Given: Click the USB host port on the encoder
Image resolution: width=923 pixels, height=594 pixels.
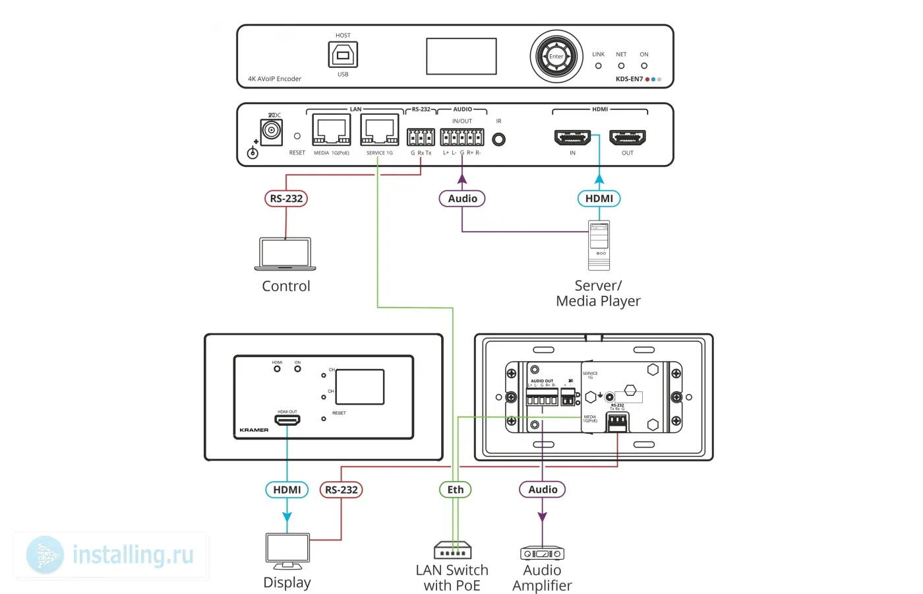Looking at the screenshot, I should pos(343,55).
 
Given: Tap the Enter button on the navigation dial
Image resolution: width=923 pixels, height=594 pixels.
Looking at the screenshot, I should pos(556,57).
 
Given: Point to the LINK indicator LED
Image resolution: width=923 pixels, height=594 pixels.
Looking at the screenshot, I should pos(599,66).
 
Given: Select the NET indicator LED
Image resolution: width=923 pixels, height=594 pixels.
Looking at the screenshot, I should pos(621,66).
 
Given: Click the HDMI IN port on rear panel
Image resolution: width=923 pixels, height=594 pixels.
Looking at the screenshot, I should pos(572,138).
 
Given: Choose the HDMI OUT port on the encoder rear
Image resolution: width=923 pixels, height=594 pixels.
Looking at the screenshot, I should pos(628,138).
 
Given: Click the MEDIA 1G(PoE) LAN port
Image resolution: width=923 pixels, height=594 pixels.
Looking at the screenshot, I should pos(331,130).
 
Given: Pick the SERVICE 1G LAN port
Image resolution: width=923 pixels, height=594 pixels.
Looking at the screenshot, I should pos(380,130).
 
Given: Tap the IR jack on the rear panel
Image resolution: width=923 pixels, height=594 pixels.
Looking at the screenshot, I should pos(499,139).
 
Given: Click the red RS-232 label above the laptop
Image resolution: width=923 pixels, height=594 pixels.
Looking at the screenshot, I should pos(286,199).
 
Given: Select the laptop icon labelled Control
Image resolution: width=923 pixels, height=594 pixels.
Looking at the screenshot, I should pos(285,255).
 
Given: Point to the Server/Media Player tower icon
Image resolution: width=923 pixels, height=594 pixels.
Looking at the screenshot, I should pos(599,246).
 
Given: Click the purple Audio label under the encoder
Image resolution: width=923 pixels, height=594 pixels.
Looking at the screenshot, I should pos(462,199).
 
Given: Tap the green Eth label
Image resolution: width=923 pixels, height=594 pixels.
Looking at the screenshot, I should pos(455,490).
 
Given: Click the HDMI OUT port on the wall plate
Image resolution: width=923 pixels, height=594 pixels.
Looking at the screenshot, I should pos(287,420).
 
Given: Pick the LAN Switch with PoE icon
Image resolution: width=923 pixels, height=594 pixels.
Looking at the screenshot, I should pos(452,550).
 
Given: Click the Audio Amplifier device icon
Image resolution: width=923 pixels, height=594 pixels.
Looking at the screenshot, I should pos(542,553).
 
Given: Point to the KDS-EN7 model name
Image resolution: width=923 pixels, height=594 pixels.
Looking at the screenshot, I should pos(629,79).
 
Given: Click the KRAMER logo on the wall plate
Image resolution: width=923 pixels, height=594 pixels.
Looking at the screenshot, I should pos(254,430).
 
